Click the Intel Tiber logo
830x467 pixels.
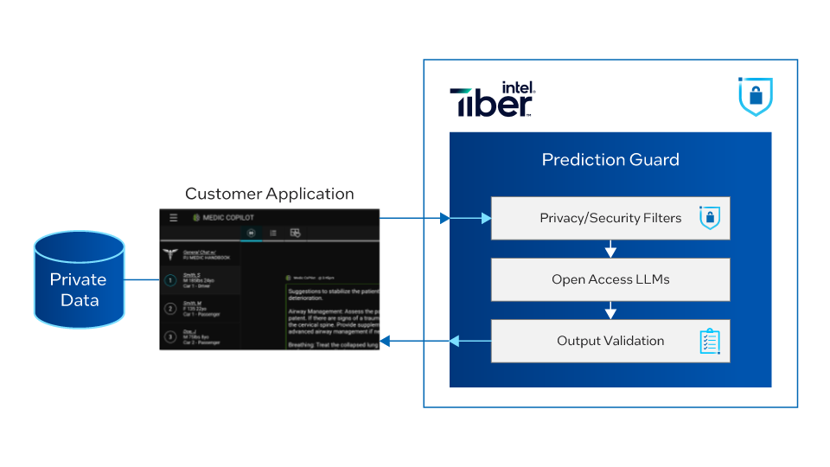493,99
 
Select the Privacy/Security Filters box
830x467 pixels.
610,218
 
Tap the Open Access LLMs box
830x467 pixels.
610,279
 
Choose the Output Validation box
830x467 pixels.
610,341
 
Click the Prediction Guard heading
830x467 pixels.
610,160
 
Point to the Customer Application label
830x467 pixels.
270,195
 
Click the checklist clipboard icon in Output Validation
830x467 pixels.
709,342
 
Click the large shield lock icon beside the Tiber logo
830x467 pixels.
755,97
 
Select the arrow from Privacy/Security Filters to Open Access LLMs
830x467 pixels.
610,249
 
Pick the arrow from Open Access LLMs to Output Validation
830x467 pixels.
610,310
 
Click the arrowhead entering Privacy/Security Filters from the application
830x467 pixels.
445,218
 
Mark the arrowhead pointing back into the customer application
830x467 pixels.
386,342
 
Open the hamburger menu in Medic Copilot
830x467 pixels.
173,218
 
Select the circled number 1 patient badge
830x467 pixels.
171,279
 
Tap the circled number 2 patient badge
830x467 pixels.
171,309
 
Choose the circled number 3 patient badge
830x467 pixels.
171,336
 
